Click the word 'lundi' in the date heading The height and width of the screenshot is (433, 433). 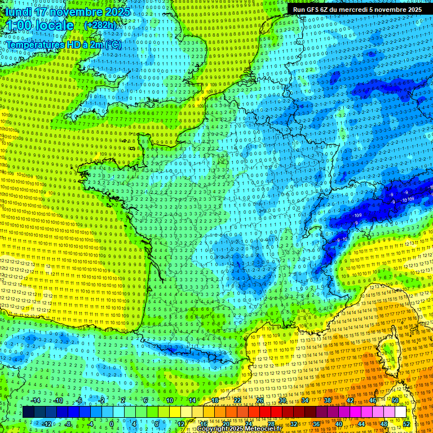coord(16,11)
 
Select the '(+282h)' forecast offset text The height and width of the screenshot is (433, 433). coord(100,25)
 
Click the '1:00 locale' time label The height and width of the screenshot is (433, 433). coord(39,25)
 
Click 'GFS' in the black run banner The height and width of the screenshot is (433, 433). coord(317,10)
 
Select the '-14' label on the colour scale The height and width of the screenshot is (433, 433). coord(36,400)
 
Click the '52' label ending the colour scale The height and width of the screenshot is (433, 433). coord(407,424)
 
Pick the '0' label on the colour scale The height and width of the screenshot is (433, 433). coord(111,424)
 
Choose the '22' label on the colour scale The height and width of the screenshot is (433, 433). coord(237,400)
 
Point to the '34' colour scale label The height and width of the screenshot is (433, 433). coord(305,400)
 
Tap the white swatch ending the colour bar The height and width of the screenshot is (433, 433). coord(400,412)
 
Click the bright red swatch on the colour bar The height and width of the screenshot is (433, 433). coord(265,412)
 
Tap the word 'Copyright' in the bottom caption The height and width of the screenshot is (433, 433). coord(212,429)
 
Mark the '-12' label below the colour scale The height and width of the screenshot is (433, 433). coord(47,424)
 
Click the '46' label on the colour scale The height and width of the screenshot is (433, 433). coord(373,400)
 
